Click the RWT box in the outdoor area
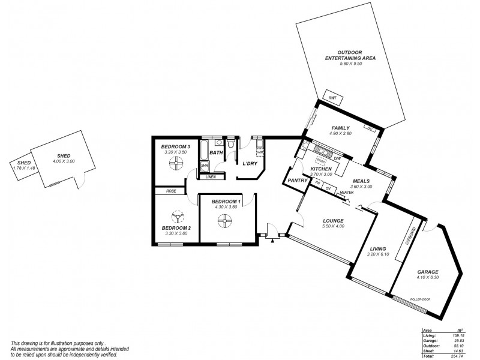tap(331, 97)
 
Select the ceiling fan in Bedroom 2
tap(178, 217)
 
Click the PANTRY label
tap(298, 180)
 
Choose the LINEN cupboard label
tap(211, 177)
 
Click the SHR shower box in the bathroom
tap(204, 165)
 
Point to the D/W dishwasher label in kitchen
tap(338, 158)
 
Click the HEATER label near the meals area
tap(347, 193)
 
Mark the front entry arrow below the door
tap(272, 241)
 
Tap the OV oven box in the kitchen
tap(328, 188)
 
